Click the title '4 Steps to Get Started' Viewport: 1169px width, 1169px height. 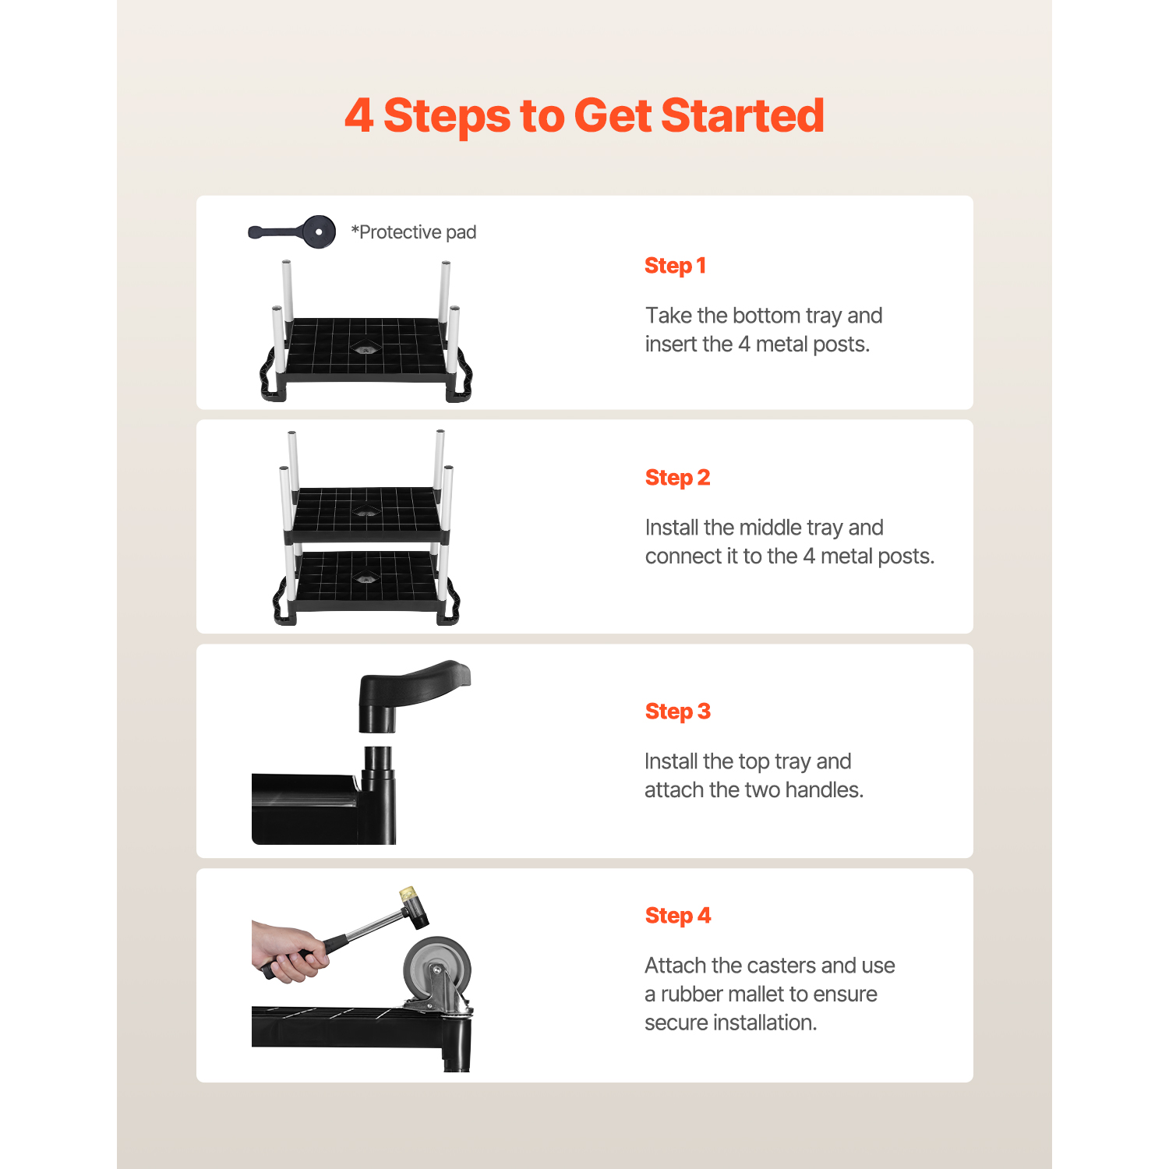[x=584, y=115]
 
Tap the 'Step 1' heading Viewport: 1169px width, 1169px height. [x=675, y=266]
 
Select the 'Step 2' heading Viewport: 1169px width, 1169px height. [x=677, y=478]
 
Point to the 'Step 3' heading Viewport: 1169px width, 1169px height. [x=677, y=712]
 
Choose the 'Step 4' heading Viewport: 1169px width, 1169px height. [x=677, y=916]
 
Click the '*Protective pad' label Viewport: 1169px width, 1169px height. [x=413, y=232]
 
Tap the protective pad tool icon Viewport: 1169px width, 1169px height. [x=292, y=231]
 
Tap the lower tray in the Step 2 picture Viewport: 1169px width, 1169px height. [x=367, y=581]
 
